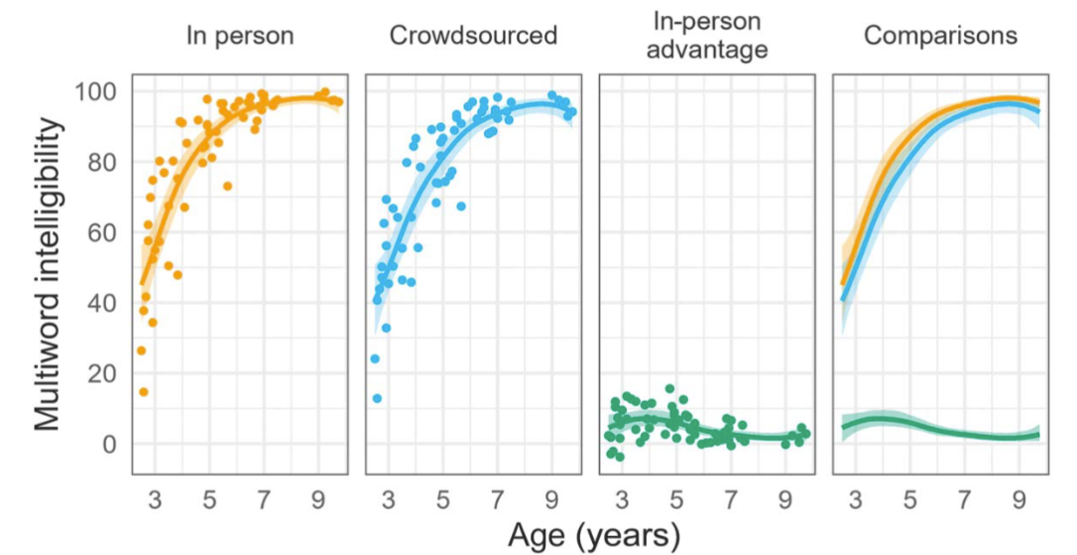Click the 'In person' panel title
point(240,37)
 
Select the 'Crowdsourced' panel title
point(473,37)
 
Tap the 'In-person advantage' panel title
point(707,35)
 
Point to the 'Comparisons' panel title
point(940,37)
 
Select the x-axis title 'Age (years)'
point(594,537)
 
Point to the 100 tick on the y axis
point(96,92)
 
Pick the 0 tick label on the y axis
point(110,444)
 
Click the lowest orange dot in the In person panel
point(144,392)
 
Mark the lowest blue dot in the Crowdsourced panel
point(377,398)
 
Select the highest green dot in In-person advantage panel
point(670,389)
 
